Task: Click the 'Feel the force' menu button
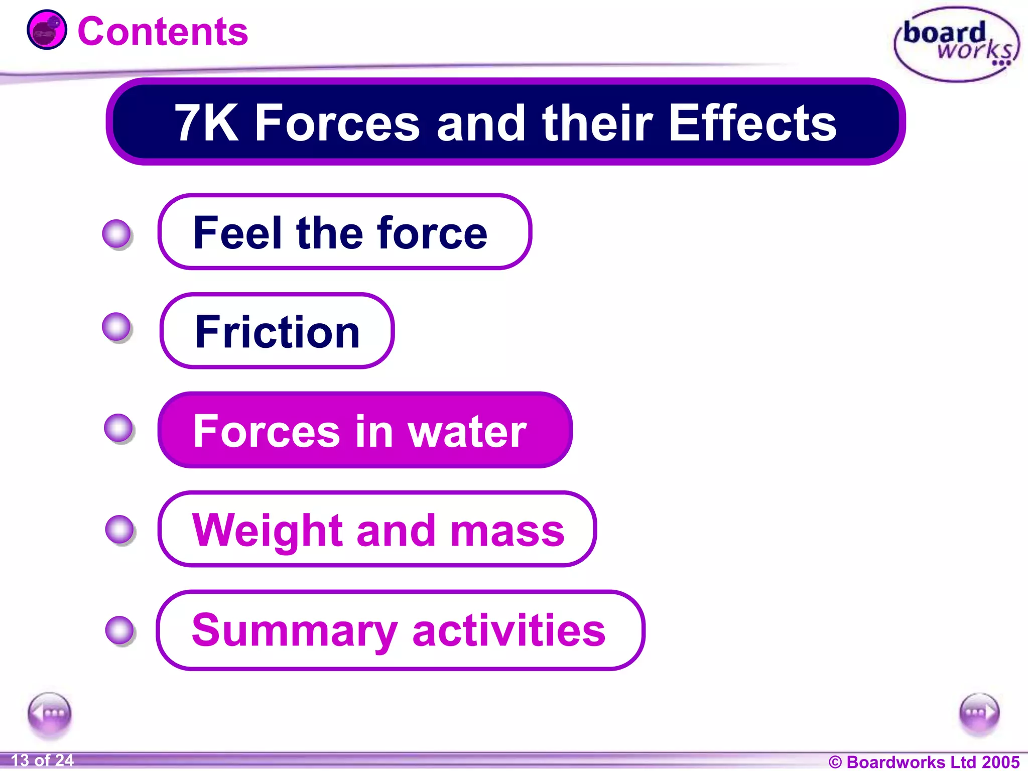344,232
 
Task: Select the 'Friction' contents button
277,331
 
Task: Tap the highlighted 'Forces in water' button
364,430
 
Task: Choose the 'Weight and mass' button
376,529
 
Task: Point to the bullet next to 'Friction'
117,327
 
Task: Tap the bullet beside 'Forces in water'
119,428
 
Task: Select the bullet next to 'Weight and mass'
120,530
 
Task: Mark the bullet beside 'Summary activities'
120,630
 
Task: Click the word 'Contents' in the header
163,32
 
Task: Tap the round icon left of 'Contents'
47,30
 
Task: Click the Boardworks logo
957,44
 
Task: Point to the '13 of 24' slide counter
42,760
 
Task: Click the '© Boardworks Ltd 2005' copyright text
924,761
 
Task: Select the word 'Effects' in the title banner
752,123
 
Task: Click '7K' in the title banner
206,123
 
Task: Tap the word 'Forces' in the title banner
337,123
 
